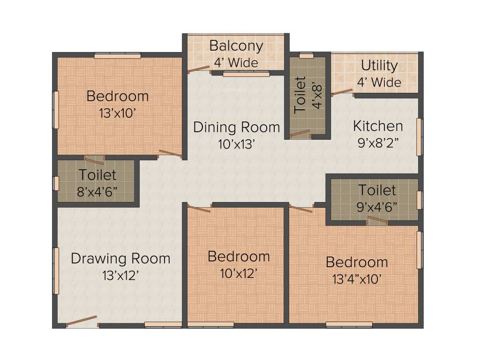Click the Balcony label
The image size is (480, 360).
(236, 46)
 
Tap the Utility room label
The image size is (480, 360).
(379, 66)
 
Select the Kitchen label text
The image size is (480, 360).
(378, 126)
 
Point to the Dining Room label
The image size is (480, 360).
(236, 127)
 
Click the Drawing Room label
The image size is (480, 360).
(120, 258)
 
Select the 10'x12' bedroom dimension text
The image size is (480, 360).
(239, 273)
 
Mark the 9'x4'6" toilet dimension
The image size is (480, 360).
(377, 206)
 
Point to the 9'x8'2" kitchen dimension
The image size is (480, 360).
(378, 143)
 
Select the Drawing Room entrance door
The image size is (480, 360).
(82, 322)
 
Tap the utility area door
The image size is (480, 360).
(342, 92)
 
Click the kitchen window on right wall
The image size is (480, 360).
(420, 137)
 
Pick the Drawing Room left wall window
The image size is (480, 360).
(56, 270)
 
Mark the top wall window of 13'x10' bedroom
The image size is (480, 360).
(117, 56)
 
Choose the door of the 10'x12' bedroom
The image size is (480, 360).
(199, 209)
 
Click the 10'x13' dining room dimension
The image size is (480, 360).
(236, 144)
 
